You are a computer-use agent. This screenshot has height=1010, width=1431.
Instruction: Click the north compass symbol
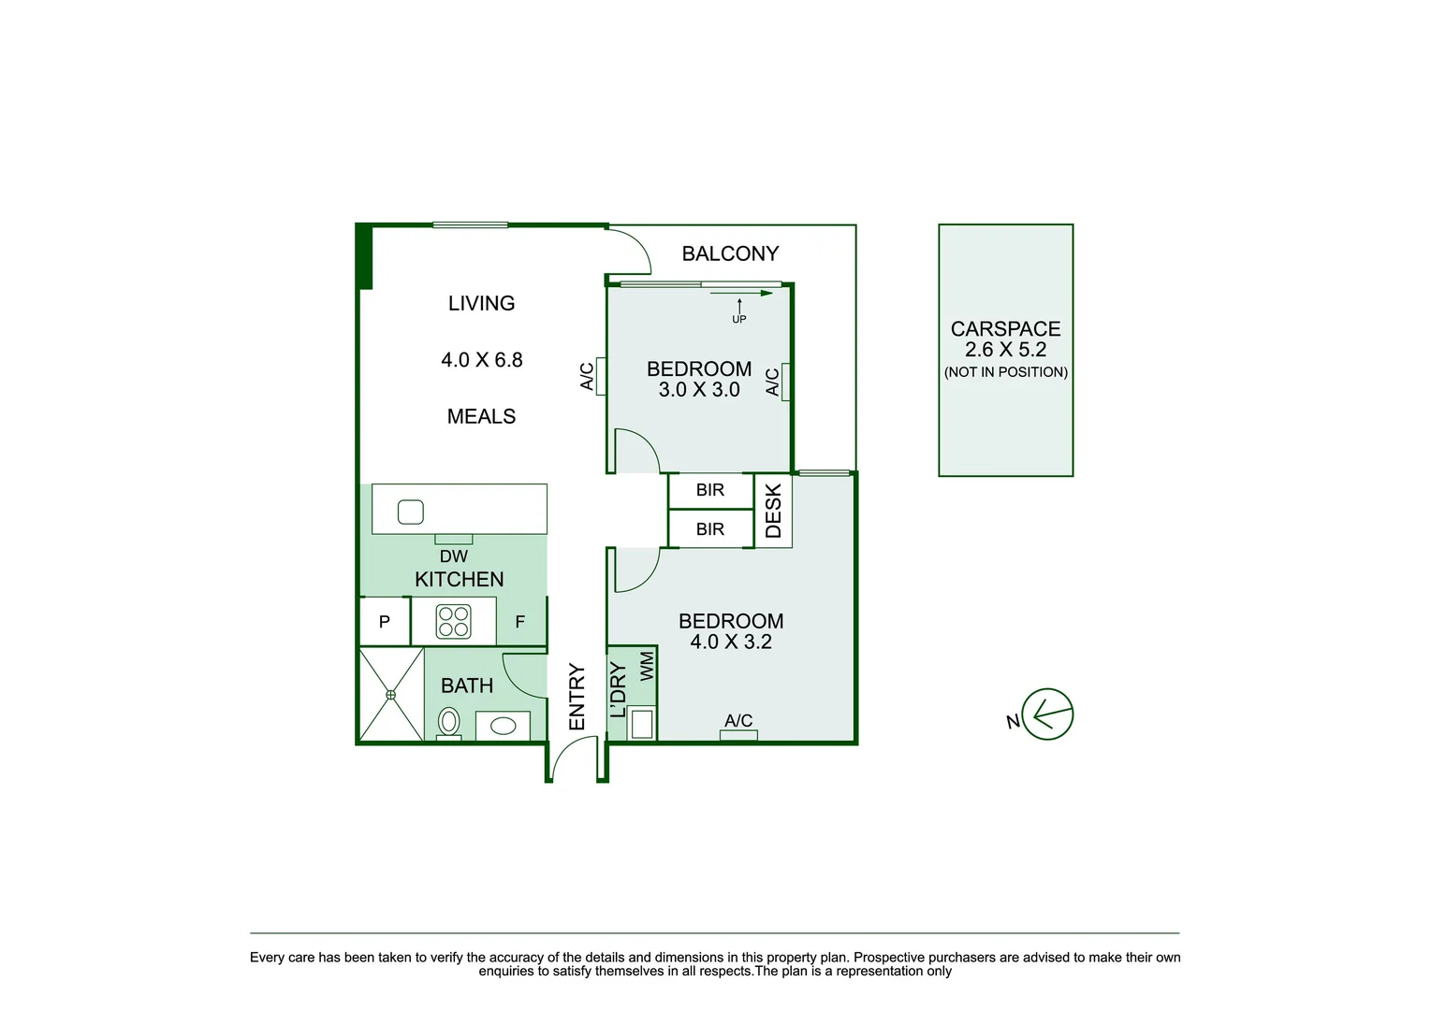pyautogui.click(x=1046, y=715)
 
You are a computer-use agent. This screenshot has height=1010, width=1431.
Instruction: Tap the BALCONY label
pyautogui.click(x=730, y=253)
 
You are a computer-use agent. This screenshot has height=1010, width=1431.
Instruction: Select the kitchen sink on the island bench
pyautogui.click(x=411, y=512)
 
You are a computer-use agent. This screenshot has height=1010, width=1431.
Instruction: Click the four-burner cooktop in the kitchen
pyautogui.click(x=454, y=622)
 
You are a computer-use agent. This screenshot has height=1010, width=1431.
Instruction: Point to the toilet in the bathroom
pyautogui.click(x=449, y=722)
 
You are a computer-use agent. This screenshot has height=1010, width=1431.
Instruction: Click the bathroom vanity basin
pyautogui.click(x=504, y=726)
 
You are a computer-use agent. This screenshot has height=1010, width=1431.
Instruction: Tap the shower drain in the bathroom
pyautogui.click(x=391, y=695)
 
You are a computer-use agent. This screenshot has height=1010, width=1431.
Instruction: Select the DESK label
pyautogui.click(x=773, y=511)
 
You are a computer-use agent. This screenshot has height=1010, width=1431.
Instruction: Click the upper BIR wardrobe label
pyautogui.click(x=710, y=490)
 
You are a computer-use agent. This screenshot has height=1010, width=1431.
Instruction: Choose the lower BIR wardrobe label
pyautogui.click(x=710, y=529)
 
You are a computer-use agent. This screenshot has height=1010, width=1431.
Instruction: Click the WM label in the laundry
pyautogui.click(x=647, y=666)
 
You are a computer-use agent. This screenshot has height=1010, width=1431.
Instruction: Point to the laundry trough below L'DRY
pyautogui.click(x=642, y=724)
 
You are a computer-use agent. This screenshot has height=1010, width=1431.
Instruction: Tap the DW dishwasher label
pyautogui.click(x=454, y=556)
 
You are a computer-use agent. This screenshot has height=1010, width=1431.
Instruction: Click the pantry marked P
pyautogui.click(x=385, y=622)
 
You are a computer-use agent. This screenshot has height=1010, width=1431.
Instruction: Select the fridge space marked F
pyautogui.click(x=520, y=622)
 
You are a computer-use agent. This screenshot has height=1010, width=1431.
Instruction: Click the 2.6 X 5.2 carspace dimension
pyautogui.click(x=1005, y=350)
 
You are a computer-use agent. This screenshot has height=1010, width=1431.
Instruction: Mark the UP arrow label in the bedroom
pyautogui.click(x=739, y=319)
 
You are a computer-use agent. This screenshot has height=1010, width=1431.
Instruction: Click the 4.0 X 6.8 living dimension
pyautogui.click(x=482, y=360)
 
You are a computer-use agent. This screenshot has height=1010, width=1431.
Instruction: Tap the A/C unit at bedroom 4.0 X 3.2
pyautogui.click(x=738, y=734)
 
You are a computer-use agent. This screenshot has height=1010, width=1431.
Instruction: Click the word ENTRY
pyautogui.click(x=577, y=697)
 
